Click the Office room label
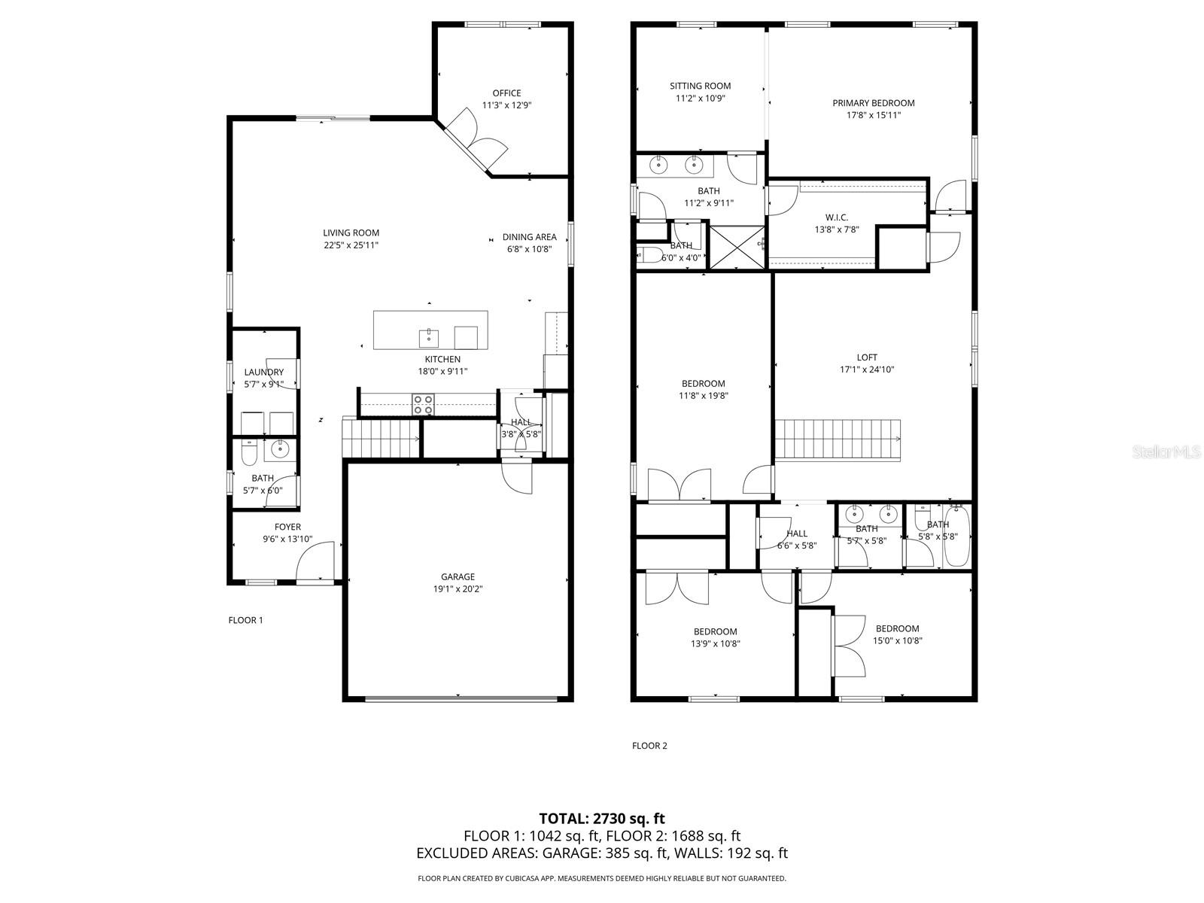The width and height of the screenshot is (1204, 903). click(x=506, y=93)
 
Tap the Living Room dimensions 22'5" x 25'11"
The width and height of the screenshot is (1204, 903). click(x=351, y=245)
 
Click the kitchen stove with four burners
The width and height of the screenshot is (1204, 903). click(x=423, y=404)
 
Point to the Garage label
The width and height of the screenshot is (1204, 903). click(x=458, y=577)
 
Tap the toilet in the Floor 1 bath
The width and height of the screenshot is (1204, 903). click(x=249, y=451)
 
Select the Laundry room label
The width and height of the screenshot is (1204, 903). click(x=264, y=372)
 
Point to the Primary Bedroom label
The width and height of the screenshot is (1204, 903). click(x=873, y=103)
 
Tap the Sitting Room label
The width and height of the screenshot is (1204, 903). click(x=700, y=86)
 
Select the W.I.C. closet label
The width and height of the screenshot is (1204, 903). click(x=836, y=217)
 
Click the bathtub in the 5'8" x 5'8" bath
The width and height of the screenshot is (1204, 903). click(x=955, y=537)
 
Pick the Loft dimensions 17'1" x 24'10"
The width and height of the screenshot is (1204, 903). click(x=867, y=369)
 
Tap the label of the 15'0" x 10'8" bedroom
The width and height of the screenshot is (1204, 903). click(x=897, y=628)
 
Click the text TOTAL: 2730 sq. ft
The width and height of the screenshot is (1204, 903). click(x=602, y=818)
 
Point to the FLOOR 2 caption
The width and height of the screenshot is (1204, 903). click(x=649, y=746)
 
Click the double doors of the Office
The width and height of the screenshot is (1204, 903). click(x=477, y=142)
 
